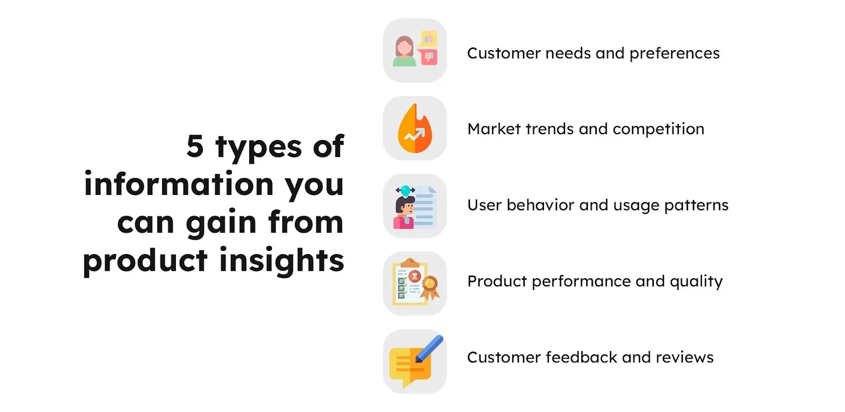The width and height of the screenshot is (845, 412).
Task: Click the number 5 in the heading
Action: tap(195, 146)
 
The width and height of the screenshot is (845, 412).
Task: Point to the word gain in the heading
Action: tap(221, 222)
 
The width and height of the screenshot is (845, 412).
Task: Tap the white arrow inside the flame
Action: tap(415, 135)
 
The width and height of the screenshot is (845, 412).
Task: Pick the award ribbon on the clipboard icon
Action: tap(430, 286)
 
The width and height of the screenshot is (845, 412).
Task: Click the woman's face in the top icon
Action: tap(405, 48)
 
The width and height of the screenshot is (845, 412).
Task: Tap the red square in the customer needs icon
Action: tap(428, 57)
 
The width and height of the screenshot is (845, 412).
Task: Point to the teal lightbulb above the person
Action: tap(406, 190)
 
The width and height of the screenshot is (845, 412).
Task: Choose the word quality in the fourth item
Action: tap(696, 282)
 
